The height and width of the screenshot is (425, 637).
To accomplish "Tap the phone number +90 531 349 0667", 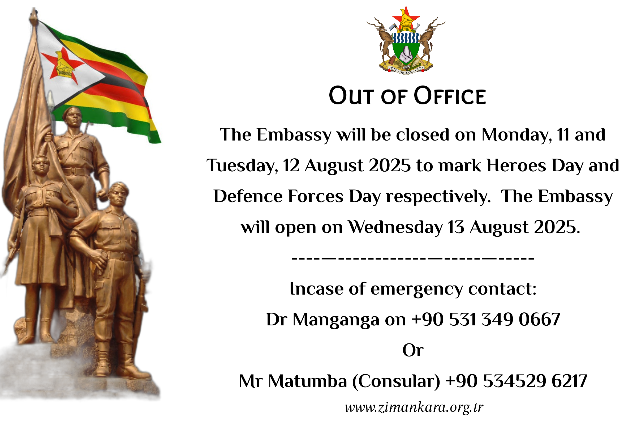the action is tap(486, 320).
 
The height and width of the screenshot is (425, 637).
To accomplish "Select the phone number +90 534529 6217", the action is tap(516, 381).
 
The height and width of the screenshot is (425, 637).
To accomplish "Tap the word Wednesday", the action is tap(395, 227).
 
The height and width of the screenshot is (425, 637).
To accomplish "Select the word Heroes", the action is tap(516, 165).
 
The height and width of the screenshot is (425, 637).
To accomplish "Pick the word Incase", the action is tap(316, 289).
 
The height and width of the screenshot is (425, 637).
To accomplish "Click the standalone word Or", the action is tap(413, 350).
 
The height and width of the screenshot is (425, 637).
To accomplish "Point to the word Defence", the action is tap(248, 196).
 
